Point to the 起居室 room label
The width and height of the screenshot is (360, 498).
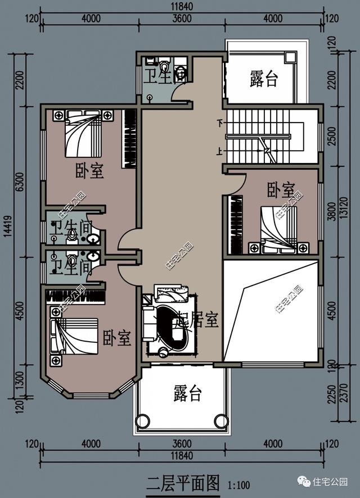(197, 320)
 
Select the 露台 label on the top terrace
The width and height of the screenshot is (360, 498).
(264, 79)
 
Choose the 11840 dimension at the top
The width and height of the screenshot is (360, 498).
(182, 7)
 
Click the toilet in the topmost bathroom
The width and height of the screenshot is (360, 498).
(164, 68)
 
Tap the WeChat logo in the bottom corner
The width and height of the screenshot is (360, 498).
(304, 482)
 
